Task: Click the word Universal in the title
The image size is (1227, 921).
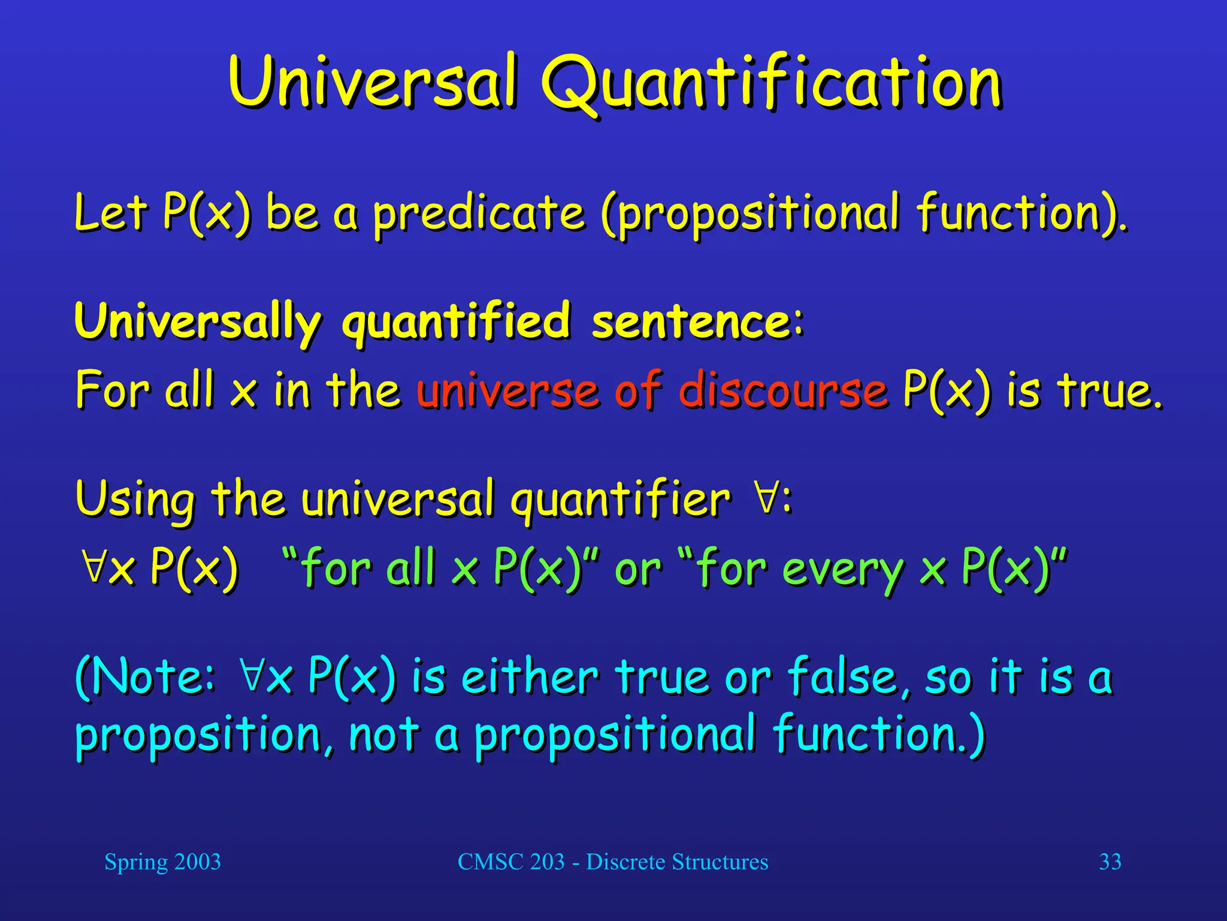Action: point(371,81)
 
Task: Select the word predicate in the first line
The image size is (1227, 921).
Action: point(479,213)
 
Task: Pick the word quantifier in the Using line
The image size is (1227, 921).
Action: point(620,500)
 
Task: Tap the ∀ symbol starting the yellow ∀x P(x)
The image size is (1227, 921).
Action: point(95,567)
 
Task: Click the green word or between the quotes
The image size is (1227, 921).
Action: point(637,570)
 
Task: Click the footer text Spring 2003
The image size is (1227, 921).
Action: point(162,862)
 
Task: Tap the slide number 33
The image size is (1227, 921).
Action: point(1110,862)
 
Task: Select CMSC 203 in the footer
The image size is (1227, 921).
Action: point(510,862)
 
